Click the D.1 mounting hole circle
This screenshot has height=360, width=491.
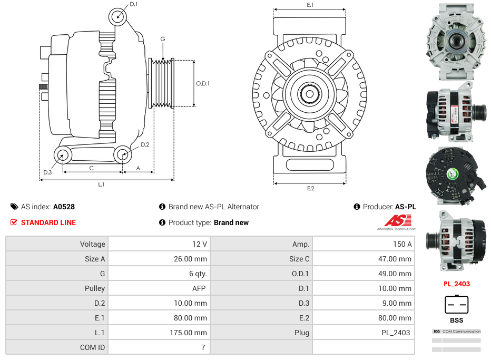coord(119,16)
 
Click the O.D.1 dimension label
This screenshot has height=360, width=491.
coord(203,83)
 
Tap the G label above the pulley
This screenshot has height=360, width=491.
coord(163,39)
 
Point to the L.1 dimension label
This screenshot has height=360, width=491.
coord(101,184)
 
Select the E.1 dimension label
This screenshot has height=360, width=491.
coord(310,5)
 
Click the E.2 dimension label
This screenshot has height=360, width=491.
coord(310,188)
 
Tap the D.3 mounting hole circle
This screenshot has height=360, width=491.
coord(63,155)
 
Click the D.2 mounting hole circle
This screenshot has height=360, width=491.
coord(123,155)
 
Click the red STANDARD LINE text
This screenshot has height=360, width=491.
coord(48,222)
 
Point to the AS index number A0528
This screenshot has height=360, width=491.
coord(64,207)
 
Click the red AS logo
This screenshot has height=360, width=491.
coord(394,221)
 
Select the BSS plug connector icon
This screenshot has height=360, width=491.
coord(456,304)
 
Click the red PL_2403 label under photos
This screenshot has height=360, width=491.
coord(456,284)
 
